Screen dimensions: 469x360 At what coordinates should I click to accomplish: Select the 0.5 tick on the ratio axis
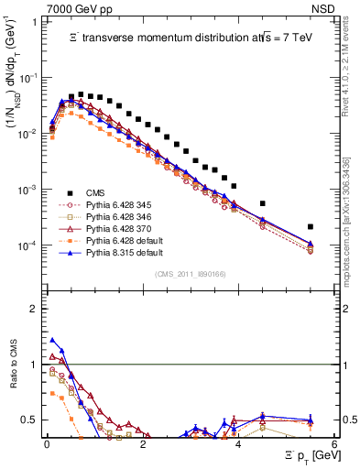tap(32, 420)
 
